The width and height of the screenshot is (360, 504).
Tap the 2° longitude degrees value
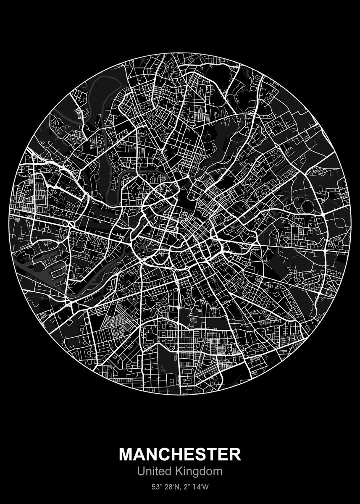(x=184, y=488)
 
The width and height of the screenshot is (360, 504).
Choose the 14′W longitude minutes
(x=200, y=488)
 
